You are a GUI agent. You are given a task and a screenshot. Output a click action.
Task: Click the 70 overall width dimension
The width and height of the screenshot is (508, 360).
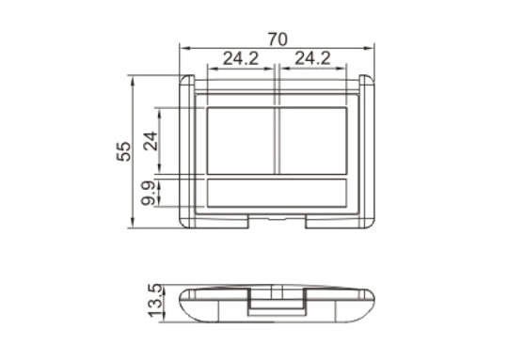[x=278, y=39]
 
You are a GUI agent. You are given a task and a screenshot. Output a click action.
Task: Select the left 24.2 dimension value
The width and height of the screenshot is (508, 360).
[x=241, y=58]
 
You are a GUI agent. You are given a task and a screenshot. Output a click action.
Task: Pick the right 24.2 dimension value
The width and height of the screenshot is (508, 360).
[x=312, y=58]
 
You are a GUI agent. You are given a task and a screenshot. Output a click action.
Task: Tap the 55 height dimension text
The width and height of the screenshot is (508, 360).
[x=124, y=151]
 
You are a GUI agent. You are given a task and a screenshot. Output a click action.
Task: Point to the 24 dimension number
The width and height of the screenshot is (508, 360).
[x=151, y=141]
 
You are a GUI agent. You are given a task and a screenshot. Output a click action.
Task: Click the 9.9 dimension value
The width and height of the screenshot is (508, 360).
[x=149, y=194]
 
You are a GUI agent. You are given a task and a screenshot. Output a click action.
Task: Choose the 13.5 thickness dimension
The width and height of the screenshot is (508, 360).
[x=154, y=301]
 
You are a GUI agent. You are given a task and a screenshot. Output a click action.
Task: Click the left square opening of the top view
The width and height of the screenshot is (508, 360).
[x=241, y=140]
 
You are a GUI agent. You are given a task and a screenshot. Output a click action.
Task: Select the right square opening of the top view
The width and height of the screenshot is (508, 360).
[x=313, y=140]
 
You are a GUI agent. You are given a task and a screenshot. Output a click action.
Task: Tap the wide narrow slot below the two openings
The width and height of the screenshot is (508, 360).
[x=277, y=193]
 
